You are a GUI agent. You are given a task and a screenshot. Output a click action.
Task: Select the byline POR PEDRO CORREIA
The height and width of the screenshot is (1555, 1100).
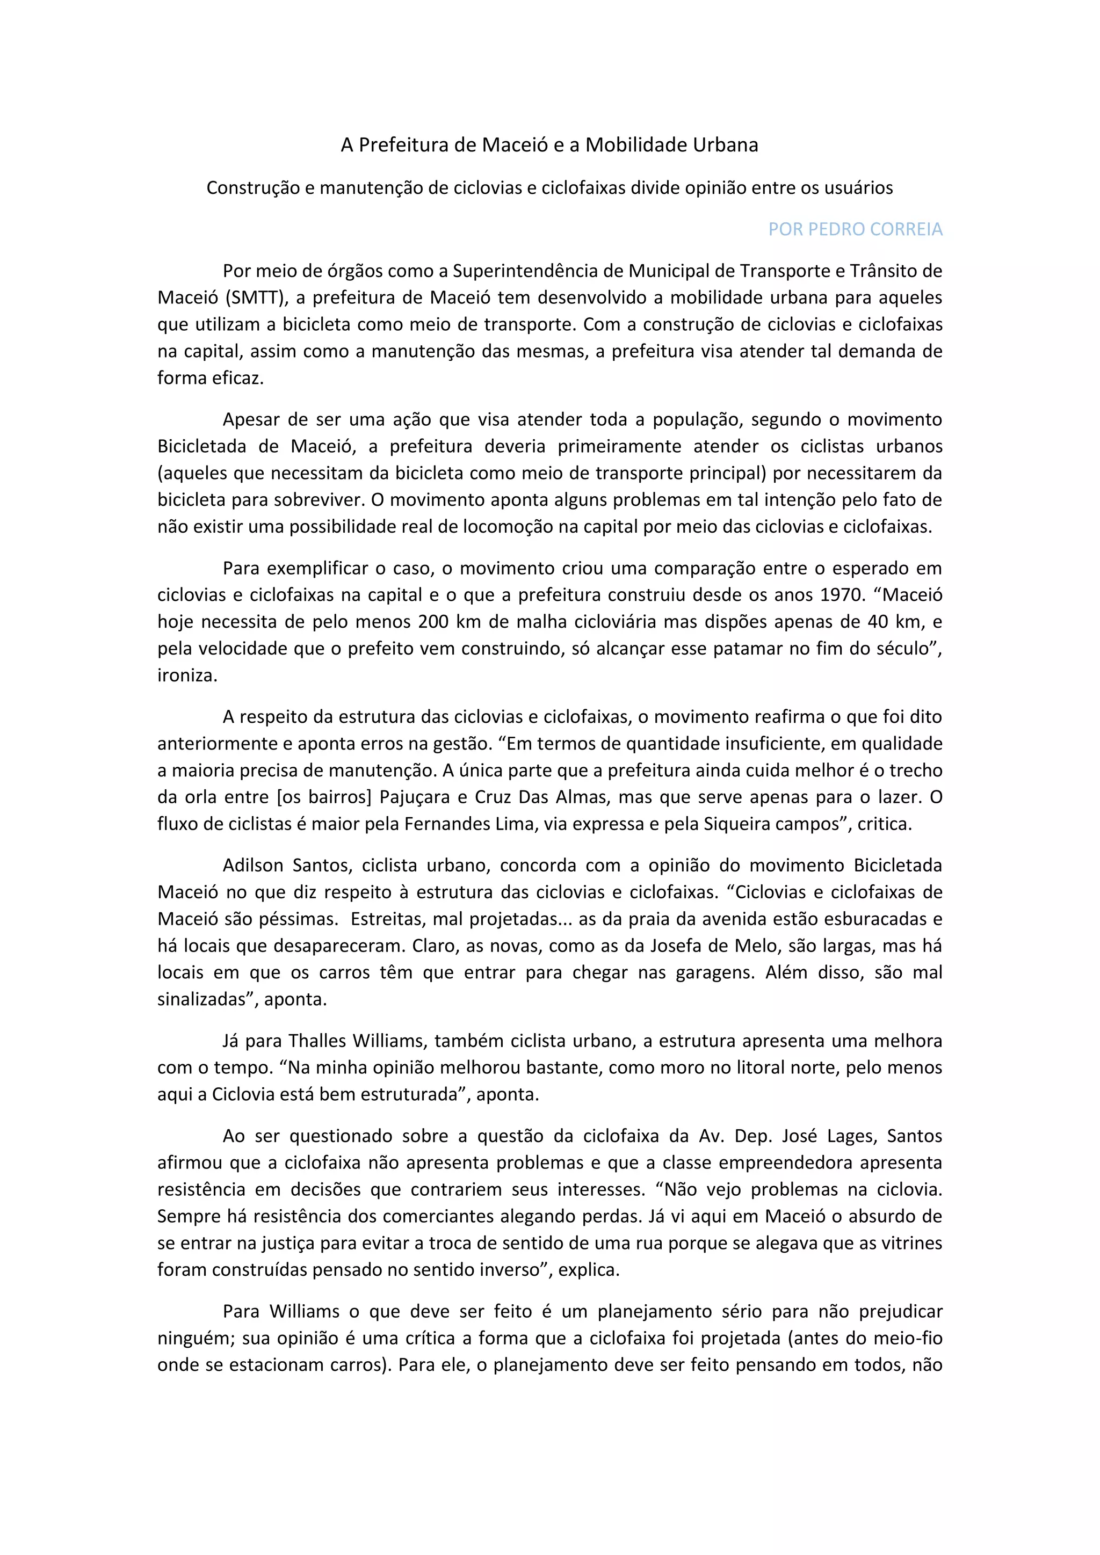click(x=855, y=230)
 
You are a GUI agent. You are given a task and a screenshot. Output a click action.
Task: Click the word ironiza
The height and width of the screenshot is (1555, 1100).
click(x=187, y=675)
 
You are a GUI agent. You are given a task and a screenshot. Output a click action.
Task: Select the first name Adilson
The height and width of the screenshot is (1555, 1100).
click(x=251, y=865)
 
